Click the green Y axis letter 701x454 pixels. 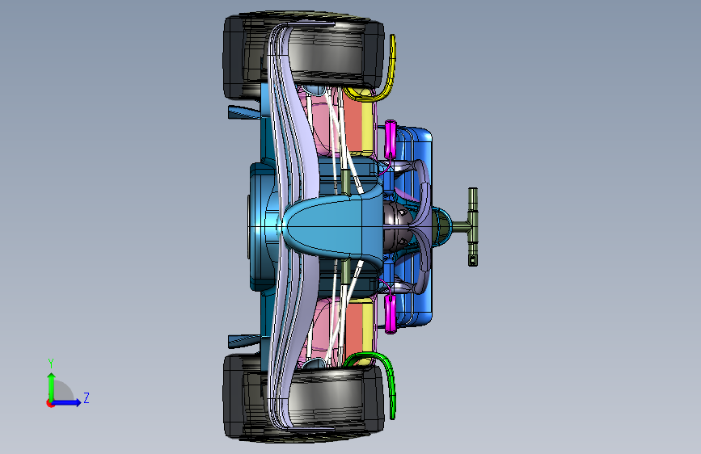(x=50, y=363)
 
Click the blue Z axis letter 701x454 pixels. (x=86, y=397)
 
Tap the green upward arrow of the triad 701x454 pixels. (x=51, y=383)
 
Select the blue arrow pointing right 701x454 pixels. (x=70, y=401)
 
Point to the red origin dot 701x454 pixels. (x=50, y=402)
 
